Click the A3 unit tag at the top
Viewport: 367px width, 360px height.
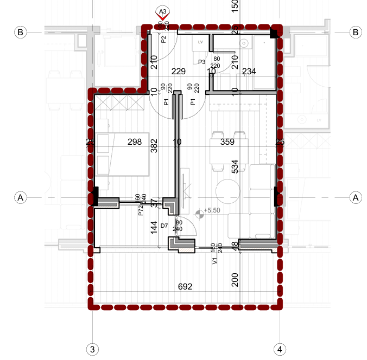[x=162, y=10]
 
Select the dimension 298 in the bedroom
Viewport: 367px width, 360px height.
[x=134, y=143]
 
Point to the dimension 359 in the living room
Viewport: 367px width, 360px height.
[x=227, y=143]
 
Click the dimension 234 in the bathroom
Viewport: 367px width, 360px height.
[x=249, y=71]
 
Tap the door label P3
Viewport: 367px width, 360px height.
[x=201, y=62]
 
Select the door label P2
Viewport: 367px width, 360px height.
[x=163, y=39]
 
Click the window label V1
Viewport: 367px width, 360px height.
[x=214, y=261]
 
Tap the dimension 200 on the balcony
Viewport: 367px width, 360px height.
[x=235, y=280]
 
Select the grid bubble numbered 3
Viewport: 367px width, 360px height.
[x=92, y=348]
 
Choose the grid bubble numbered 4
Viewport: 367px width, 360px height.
[x=280, y=348]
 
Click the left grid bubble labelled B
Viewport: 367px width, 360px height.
[x=20, y=33]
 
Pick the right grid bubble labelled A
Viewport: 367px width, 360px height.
[x=356, y=197]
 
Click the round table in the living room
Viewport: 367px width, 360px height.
[x=227, y=191]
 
